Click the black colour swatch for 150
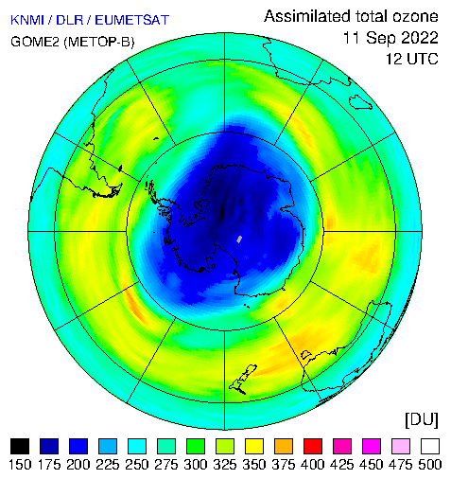tap(20, 446)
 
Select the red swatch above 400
tap(313, 446)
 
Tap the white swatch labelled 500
tap(430, 446)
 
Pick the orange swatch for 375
tap(284, 446)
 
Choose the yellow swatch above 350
tap(254, 446)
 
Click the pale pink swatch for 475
tap(401, 446)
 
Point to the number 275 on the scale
tap(166, 465)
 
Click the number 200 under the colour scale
tap(78, 465)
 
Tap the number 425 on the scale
tap(342, 465)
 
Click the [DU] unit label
tap(422, 420)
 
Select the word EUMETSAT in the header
tap(132, 20)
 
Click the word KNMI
tap(27, 20)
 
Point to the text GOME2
tap(35, 42)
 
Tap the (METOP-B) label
tap(99, 42)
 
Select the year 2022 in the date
tap(420, 38)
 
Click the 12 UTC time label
tap(412, 59)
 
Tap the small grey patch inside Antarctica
tap(239, 239)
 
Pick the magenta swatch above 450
tap(372, 446)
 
